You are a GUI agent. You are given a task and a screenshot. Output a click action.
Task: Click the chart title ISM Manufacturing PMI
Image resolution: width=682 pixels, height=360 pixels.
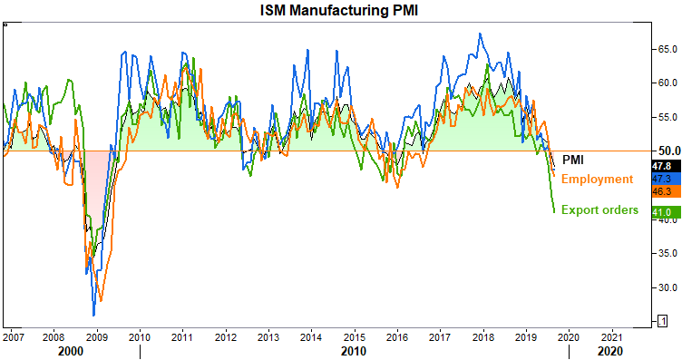pyautogui.click(x=339, y=10)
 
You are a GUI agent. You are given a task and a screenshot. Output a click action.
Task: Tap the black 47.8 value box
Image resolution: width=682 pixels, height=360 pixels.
pyautogui.click(x=666, y=166)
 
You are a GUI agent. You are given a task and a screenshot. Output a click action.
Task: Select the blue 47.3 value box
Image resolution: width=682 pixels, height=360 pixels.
pyautogui.click(x=666, y=179)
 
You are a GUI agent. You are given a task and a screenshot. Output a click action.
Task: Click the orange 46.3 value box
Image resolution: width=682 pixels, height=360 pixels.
pyautogui.click(x=666, y=191)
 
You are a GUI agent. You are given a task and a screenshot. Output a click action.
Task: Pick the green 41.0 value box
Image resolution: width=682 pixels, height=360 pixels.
pyautogui.click(x=666, y=212)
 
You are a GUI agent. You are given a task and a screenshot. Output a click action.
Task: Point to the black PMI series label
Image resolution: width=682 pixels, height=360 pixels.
pyautogui.click(x=573, y=160)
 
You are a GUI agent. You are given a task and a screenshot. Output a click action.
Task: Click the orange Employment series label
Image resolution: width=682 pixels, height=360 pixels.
pyautogui.click(x=597, y=180)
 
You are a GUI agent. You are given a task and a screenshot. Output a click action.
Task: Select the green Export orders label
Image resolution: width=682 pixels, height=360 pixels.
pyautogui.click(x=599, y=210)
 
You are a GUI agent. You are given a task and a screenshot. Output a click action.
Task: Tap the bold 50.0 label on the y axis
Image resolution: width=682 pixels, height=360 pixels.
pyautogui.click(x=669, y=151)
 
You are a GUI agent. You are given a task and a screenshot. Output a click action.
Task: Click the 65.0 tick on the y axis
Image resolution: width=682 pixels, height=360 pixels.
pyautogui.click(x=667, y=49)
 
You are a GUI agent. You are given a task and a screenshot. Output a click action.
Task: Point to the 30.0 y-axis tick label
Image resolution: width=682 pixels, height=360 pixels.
pyautogui.click(x=667, y=287)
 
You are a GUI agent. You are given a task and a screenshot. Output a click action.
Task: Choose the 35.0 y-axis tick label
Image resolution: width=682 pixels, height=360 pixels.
pyautogui.click(x=667, y=253)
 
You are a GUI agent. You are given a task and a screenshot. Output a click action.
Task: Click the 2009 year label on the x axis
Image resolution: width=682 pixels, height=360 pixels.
pyautogui.click(x=96, y=337)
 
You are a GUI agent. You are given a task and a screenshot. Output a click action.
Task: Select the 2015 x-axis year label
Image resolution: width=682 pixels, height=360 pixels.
pyautogui.click(x=354, y=337)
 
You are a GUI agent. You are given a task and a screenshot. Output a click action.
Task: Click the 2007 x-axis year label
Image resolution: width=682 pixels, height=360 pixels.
pyautogui.click(x=13, y=337)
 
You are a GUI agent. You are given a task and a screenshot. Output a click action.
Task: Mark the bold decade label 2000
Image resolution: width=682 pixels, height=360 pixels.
pyautogui.click(x=71, y=351)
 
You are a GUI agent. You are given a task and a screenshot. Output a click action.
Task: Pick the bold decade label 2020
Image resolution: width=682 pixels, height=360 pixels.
pyautogui.click(x=610, y=351)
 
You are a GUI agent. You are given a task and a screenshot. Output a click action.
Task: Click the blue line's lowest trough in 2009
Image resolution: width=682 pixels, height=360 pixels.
pyautogui.click(x=93, y=316)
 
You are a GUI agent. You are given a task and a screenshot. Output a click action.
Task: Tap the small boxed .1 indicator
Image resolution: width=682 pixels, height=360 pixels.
pyautogui.click(x=662, y=321)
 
